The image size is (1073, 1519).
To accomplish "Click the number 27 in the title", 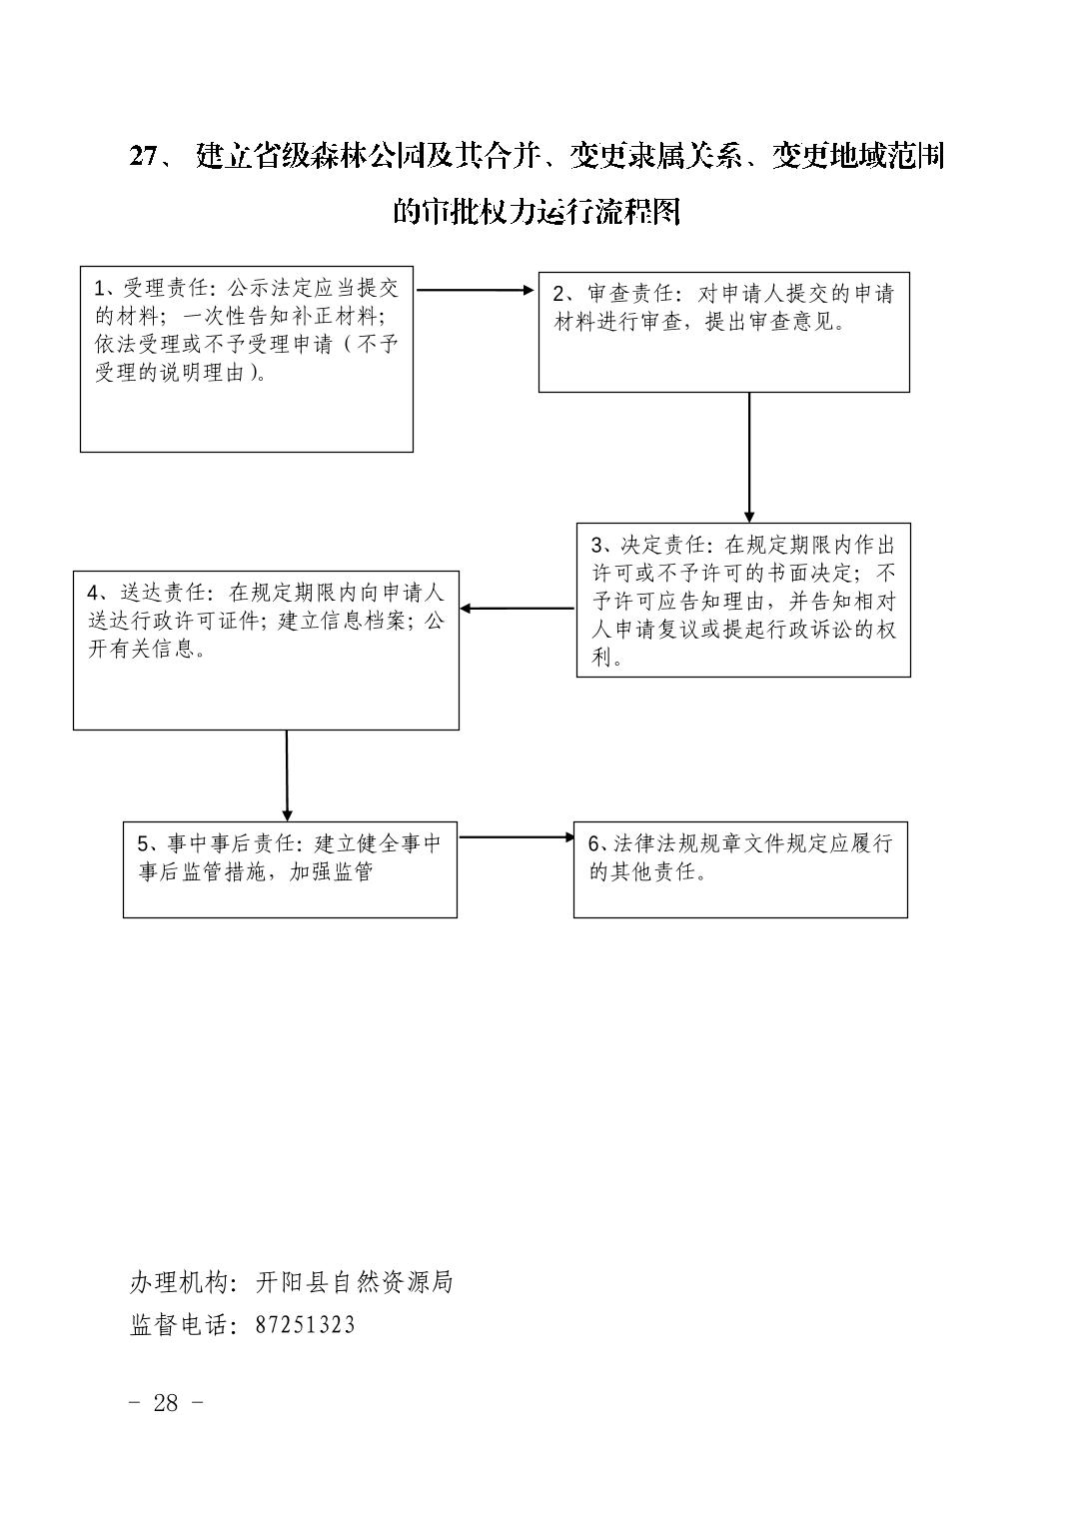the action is click(x=145, y=157).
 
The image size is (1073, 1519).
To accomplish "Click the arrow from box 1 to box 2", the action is click(x=476, y=290).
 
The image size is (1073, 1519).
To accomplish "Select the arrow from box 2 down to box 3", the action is click(x=749, y=458).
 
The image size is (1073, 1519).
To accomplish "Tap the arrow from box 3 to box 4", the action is click(x=518, y=609).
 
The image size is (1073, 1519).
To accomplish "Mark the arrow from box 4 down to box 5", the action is click(x=287, y=775).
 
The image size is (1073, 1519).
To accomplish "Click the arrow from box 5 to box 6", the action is click(x=517, y=836).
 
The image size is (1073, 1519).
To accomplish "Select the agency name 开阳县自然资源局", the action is click(x=354, y=1281).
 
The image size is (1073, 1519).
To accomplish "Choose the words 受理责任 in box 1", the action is click(x=166, y=288).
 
